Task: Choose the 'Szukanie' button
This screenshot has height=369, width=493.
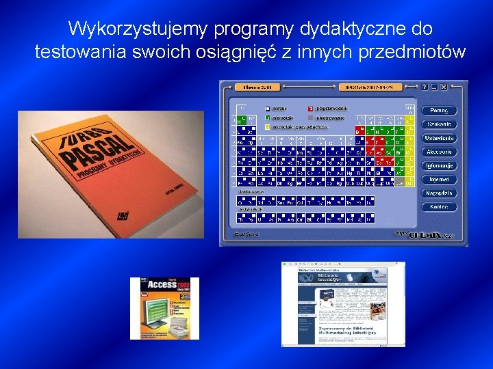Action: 439,124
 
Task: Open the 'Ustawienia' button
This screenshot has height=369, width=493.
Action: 439,138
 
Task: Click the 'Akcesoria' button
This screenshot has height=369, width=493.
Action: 439,152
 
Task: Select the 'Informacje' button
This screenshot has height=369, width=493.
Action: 439,165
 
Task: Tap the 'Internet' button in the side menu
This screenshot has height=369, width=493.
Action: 439,179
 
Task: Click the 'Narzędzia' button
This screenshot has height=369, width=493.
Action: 439,193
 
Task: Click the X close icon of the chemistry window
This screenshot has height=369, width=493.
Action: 443,87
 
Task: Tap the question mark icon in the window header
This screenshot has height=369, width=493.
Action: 425,87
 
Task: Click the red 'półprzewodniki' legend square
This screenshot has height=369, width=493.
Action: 310,108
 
